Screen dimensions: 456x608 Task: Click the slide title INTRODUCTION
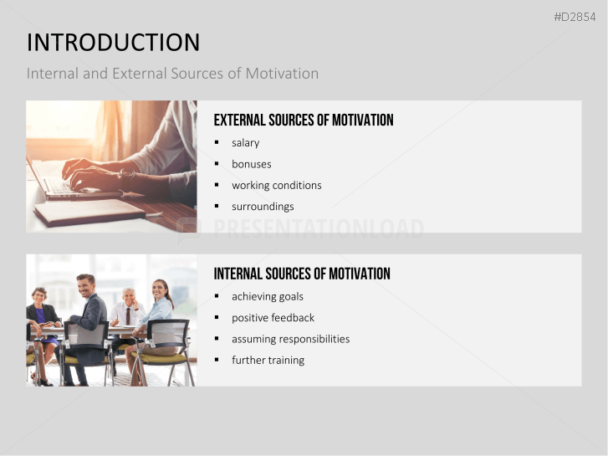click(113, 43)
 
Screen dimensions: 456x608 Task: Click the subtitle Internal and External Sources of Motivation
click(172, 74)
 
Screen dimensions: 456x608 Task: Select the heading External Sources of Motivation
click(304, 120)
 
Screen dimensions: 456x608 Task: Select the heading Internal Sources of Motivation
click(302, 274)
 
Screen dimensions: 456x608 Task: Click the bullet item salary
click(246, 143)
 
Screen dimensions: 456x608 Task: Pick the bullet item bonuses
click(252, 164)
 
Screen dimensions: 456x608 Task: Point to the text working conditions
click(277, 185)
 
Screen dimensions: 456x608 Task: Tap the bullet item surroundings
click(263, 207)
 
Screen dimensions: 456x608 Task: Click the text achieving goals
click(268, 296)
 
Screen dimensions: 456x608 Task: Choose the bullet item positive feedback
click(273, 318)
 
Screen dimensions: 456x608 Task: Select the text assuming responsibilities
click(291, 339)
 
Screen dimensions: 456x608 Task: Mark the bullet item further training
click(268, 360)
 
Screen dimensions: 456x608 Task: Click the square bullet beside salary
click(217, 143)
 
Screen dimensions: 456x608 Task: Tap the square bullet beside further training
click(217, 360)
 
